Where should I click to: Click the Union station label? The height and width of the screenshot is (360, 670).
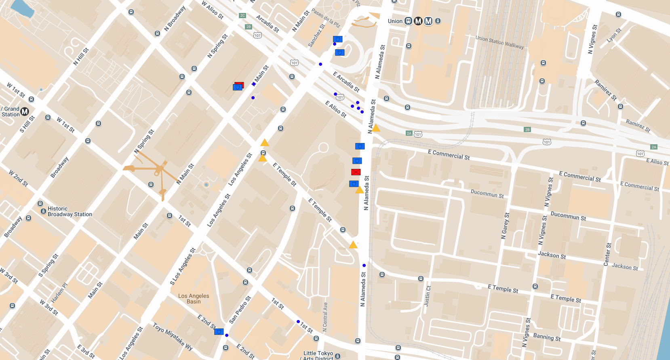tap(395, 21)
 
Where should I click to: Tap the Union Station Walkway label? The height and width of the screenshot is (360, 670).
tap(499, 42)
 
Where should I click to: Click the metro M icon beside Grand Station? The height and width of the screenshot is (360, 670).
tap(25, 112)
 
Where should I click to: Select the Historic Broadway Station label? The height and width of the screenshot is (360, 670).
tap(70, 212)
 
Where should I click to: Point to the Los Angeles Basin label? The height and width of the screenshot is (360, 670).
tap(194, 299)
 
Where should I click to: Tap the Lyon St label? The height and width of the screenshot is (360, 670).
tap(614, 36)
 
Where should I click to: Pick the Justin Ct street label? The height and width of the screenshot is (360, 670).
tap(428, 296)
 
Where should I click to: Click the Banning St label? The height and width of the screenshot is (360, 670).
tap(547, 337)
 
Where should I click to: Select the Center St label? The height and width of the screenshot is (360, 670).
tap(607, 255)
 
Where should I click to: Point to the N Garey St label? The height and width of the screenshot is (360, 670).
tap(505, 226)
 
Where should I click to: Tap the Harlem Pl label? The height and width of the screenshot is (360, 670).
tap(59, 293)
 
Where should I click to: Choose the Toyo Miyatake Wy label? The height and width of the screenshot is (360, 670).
tap(173, 336)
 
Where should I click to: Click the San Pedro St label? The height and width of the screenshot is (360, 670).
tap(240, 310)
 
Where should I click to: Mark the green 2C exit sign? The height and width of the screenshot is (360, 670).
tap(242, 15)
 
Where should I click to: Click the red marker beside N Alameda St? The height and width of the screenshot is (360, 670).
tap(356, 172)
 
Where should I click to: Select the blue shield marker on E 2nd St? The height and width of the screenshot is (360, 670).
tap(219, 332)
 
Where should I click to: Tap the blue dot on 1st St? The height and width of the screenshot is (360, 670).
tap(298, 322)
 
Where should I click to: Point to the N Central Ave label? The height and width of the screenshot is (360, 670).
tap(325, 317)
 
